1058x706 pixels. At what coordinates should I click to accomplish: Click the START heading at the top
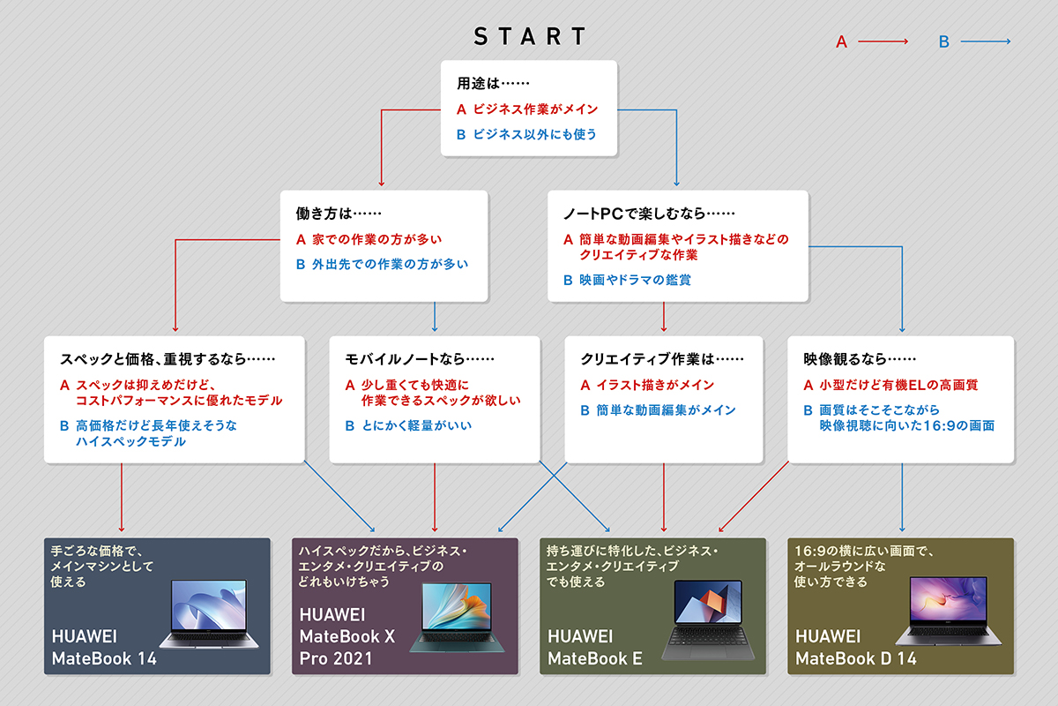(530, 36)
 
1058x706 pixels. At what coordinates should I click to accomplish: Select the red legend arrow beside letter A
(883, 41)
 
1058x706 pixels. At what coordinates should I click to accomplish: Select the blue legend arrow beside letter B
(986, 41)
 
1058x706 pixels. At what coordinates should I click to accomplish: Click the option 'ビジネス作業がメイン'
(536, 109)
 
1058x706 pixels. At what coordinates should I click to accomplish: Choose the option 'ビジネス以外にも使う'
(534, 134)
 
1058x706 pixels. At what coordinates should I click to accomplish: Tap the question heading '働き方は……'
(339, 214)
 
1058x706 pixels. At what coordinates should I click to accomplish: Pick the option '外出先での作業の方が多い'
(390, 264)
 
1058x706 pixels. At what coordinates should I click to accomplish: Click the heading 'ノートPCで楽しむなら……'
(649, 214)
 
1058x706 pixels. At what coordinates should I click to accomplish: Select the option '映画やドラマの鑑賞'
(636, 280)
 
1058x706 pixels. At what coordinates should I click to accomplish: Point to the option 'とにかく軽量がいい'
(416, 425)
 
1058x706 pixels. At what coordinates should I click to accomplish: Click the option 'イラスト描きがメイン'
(655, 385)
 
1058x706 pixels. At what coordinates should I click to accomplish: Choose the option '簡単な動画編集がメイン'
(666, 410)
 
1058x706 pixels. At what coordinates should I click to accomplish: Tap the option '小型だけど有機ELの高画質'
(898, 385)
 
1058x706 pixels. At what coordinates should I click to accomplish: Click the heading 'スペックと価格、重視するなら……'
(168, 359)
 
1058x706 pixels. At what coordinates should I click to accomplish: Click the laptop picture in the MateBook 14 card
(209, 613)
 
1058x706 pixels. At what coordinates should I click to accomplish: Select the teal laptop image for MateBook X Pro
(457, 617)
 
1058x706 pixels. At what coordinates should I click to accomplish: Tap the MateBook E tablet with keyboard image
(708, 620)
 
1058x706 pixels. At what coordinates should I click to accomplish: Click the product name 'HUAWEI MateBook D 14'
(856, 648)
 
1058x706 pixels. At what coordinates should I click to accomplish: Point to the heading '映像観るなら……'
(860, 359)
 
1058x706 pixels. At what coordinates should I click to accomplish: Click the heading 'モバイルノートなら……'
(420, 359)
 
